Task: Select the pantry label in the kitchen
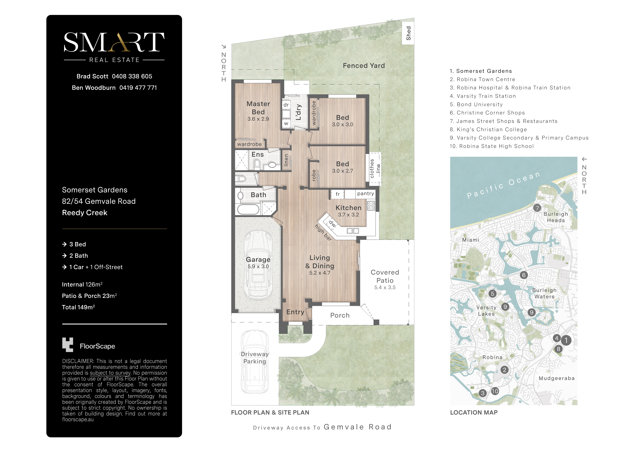pos(365,194)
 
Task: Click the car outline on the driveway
pos(255,362)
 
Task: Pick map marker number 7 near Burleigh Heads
pos(537,208)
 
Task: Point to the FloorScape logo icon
pos(68,345)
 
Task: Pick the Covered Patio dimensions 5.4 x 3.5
pos(385,287)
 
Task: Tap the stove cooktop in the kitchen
pos(371,206)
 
